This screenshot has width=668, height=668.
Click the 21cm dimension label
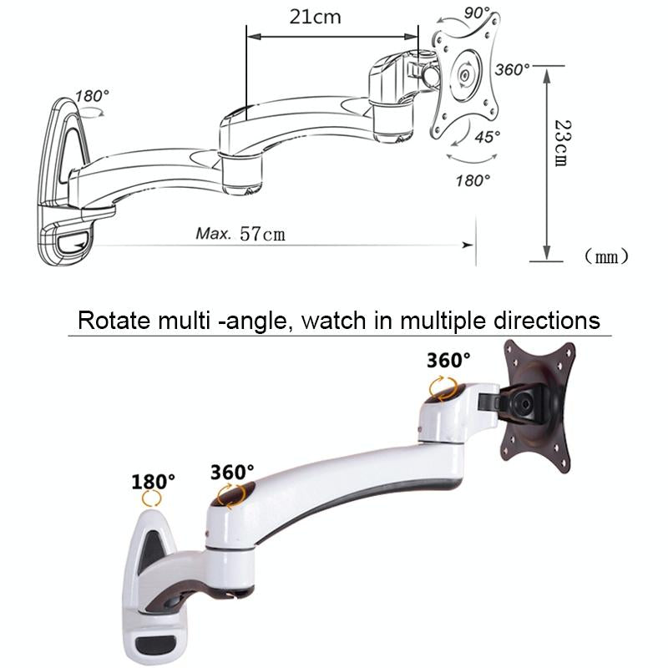click(x=316, y=17)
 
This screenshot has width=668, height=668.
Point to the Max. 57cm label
click(x=240, y=233)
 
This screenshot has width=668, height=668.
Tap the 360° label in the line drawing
click(x=511, y=68)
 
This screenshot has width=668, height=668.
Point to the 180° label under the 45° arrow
click(x=473, y=179)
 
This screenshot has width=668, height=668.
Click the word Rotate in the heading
click(x=109, y=320)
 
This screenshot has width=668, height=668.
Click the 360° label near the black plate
click(x=448, y=361)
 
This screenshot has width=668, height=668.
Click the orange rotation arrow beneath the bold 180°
click(x=152, y=498)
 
